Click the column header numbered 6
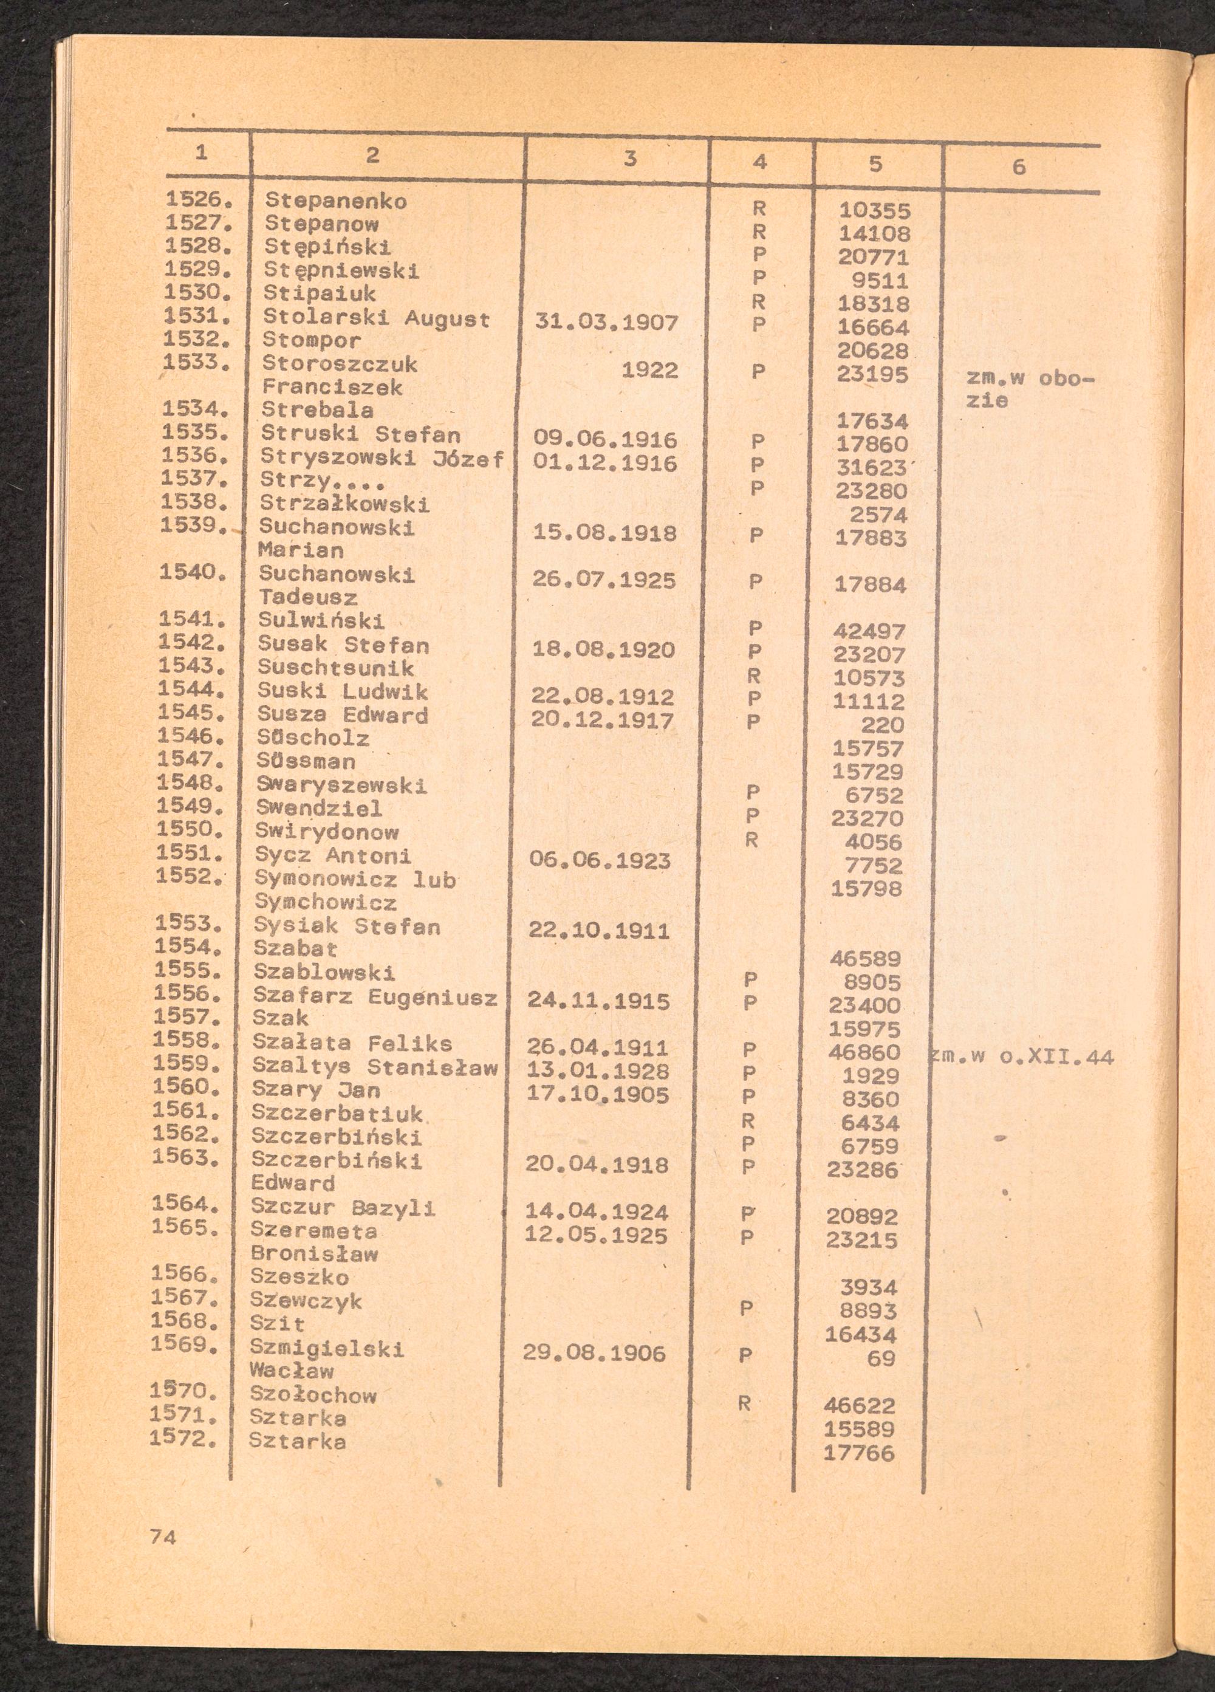pos(1018,167)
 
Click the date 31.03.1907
pos(606,323)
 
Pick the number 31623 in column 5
pos(871,468)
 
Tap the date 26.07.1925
pos(604,580)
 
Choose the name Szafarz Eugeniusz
pos(374,997)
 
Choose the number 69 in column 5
pos(881,1358)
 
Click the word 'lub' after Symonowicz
pos(435,880)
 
